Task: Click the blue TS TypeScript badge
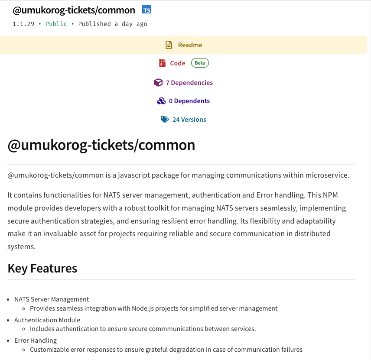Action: click(146, 10)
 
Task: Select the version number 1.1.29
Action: click(23, 24)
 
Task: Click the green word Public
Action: click(56, 24)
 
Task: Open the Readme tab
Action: click(190, 45)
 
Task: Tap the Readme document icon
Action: click(169, 45)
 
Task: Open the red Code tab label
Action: click(177, 63)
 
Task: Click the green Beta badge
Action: click(200, 63)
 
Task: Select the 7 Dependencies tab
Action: click(189, 83)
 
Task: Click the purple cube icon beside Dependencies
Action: click(158, 83)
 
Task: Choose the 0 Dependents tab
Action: click(189, 101)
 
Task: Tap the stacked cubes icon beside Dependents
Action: click(161, 101)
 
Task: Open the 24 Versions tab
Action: click(189, 120)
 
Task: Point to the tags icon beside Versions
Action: click(165, 120)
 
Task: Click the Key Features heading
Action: click(42, 269)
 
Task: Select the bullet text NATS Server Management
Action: click(52, 299)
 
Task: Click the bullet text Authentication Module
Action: click(47, 320)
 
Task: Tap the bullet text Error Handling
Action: click(36, 341)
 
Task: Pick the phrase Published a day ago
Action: click(113, 24)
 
